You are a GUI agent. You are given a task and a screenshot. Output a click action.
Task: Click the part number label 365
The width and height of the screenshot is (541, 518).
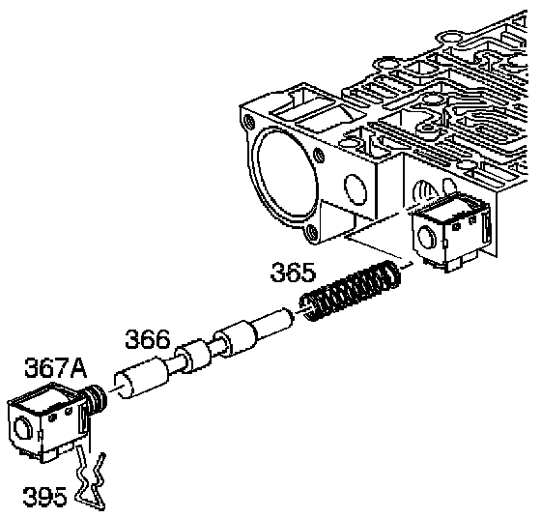pyautogui.click(x=293, y=272)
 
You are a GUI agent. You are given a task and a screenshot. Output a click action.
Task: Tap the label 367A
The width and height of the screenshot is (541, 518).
pyautogui.click(x=56, y=368)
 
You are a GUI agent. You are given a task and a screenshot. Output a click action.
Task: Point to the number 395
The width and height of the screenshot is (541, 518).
pyautogui.click(x=44, y=496)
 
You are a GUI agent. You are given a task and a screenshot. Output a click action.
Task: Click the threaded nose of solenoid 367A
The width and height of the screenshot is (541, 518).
pyautogui.click(x=97, y=400)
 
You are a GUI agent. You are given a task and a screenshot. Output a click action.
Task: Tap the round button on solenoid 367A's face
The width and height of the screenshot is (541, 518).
pyautogui.click(x=21, y=428)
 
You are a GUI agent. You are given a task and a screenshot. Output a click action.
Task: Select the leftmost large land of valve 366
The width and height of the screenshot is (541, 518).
pyautogui.click(x=141, y=379)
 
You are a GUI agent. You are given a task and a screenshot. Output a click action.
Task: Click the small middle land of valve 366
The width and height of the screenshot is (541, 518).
pyautogui.click(x=192, y=356)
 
